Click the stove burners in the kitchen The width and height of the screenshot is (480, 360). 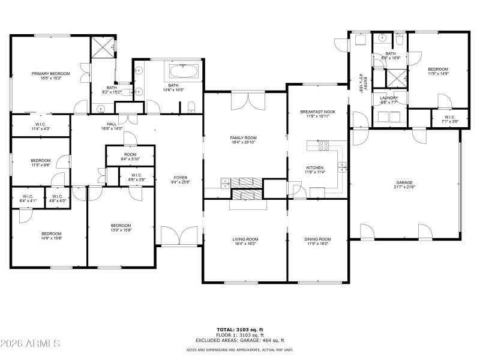[x=323, y=145]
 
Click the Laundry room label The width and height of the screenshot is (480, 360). [x=389, y=100]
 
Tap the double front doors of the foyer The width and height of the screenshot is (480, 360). [x=179, y=236]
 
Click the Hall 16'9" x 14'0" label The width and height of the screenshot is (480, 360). [x=112, y=125]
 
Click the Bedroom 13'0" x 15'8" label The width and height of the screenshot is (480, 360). [x=121, y=227]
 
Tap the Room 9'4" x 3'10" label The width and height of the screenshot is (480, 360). [x=131, y=157]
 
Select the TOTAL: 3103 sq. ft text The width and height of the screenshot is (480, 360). [x=240, y=329]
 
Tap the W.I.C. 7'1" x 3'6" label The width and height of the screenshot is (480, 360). [x=449, y=119]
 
